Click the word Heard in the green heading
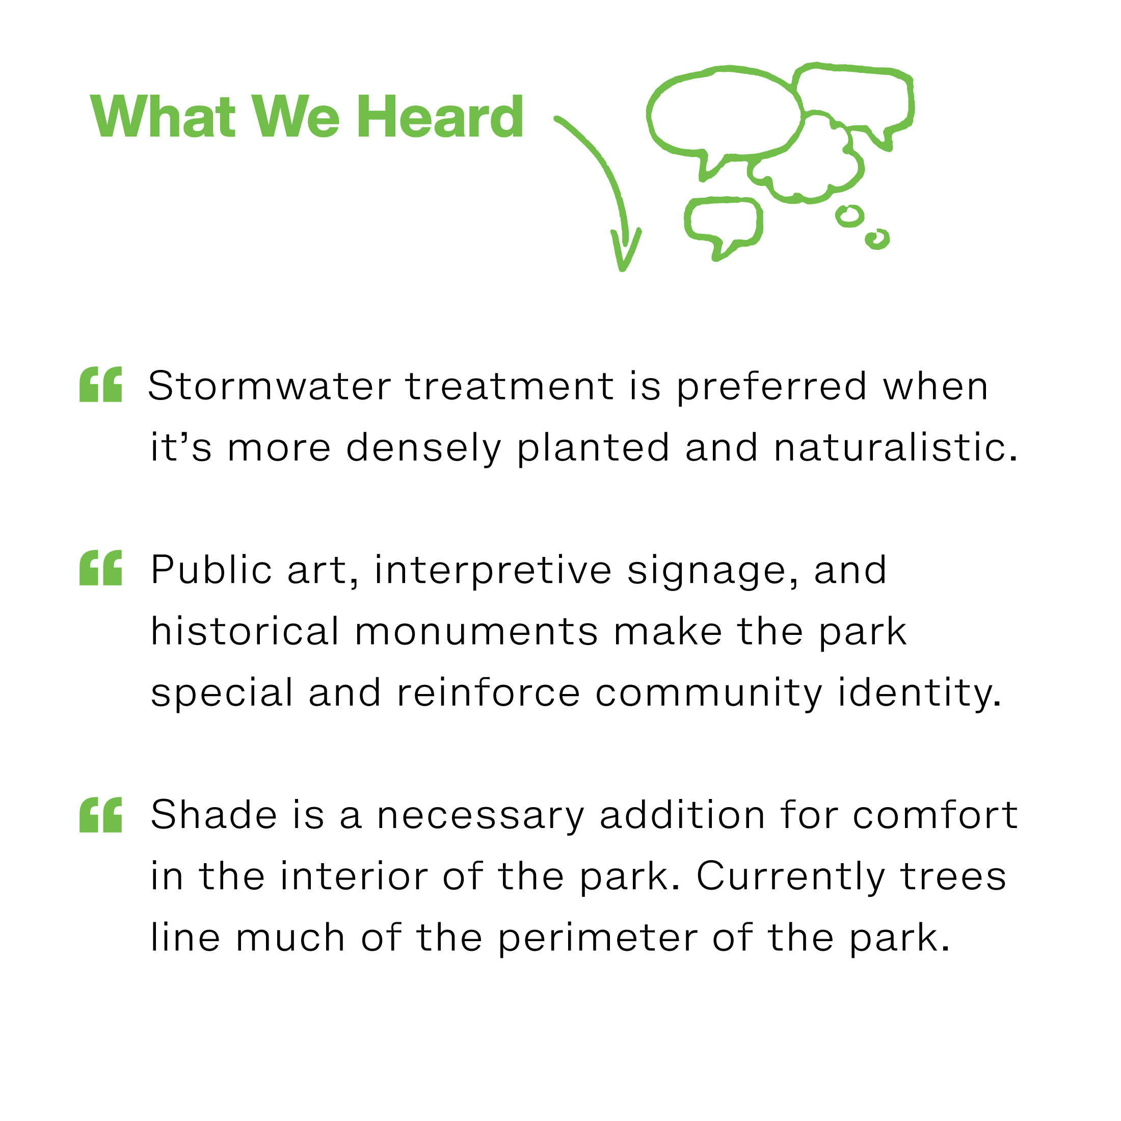tap(440, 117)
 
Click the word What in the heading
tap(163, 117)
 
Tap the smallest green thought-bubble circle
tap(877, 238)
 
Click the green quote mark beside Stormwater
tap(101, 384)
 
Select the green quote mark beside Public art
tap(101, 568)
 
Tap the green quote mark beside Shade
tap(101, 815)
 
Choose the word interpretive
tap(493, 570)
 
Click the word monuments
tap(476, 632)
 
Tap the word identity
tap(920, 693)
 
